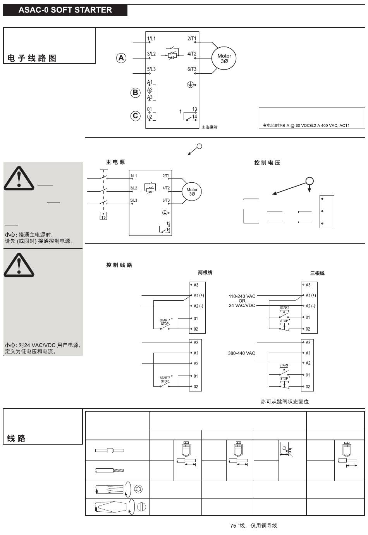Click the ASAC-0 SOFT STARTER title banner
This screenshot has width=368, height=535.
pyautogui.click(x=65, y=10)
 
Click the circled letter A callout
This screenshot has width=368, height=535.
pyautogui.click(x=121, y=58)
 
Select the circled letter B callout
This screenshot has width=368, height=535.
pyautogui.click(x=135, y=92)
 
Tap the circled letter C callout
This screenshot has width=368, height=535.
pyautogui.click(x=135, y=116)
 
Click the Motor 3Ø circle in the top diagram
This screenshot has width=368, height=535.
pyautogui.click(x=224, y=58)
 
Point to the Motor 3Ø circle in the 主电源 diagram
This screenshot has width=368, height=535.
pyautogui.click(x=192, y=192)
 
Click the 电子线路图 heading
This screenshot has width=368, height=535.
pyautogui.click(x=32, y=58)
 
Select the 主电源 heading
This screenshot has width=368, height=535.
pyautogui.click(x=115, y=162)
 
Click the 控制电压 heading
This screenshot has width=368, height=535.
pyautogui.click(x=267, y=163)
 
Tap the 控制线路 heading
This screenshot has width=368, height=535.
pyautogui.click(x=119, y=265)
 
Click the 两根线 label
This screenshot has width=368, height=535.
pyautogui.click(x=205, y=273)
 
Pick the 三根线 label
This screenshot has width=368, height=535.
pyautogui.click(x=317, y=273)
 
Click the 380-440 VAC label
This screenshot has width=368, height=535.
pyautogui.click(x=241, y=353)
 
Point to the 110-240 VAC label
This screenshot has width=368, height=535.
pyautogui.click(x=242, y=296)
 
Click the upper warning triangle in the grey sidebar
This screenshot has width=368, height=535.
pyautogui.click(x=19, y=179)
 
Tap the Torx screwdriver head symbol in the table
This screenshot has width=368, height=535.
pyautogui.click(x=138, y=490)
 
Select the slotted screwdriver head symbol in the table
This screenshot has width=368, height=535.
pyautogui.click(x=141, y=507)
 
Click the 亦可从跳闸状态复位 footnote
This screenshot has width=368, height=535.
pyautogui.click(x=285, y=402)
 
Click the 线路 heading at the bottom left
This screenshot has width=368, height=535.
pyautogui.click(x=16, y=438)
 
